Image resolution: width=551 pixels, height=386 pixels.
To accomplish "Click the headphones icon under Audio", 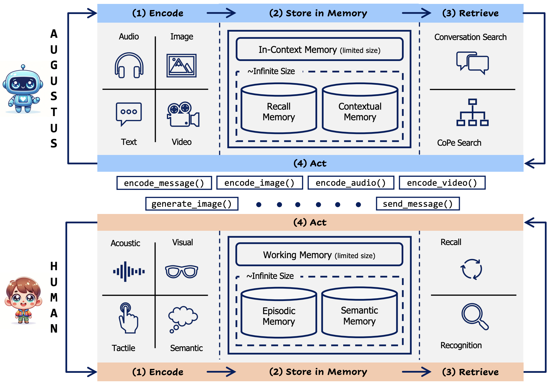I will click(129, 65).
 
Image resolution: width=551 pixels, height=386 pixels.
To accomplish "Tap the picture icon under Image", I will click(182, 65).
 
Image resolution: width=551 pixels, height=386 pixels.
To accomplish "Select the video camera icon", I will click(183, 114).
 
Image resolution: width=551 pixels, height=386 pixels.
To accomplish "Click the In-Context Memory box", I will click(319, 50).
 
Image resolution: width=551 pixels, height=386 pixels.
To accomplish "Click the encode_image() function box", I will click(260, 183).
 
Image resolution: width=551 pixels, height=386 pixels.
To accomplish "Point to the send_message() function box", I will click(418, 204).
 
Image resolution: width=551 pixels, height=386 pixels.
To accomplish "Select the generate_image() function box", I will click(192, 204).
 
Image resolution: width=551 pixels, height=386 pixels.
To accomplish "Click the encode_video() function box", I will click(442, 183).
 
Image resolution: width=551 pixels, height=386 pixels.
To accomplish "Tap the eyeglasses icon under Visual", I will click(182, 271).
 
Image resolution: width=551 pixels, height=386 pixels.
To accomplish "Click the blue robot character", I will click(23, 89).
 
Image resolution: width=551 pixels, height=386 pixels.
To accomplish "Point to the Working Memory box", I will click(319, 255).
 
